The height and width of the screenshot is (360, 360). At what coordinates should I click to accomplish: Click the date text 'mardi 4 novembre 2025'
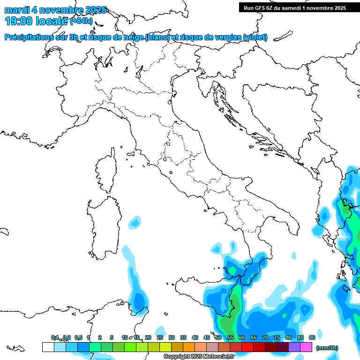coord(55,10)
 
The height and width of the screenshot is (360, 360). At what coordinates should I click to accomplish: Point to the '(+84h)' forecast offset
coord(81,21)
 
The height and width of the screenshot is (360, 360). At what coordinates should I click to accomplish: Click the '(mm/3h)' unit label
coord(326,348)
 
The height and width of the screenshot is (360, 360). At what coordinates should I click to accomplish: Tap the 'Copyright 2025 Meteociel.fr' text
coord(198,357)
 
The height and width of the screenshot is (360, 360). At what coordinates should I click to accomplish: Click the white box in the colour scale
coord(48,347)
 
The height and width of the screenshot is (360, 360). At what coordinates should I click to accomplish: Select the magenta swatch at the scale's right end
coord(306,347)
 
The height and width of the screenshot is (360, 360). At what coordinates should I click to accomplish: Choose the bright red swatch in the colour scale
coord(247,347)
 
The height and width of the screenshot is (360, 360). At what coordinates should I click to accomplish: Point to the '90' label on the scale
coord(312,337)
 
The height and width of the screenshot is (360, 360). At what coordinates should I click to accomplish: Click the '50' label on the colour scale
coord(218,337)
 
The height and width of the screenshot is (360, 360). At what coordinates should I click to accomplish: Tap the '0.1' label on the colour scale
coord(55,337)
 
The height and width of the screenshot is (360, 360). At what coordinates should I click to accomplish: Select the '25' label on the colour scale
coord(160,337)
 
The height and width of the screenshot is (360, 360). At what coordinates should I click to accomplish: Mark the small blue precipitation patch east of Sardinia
coord(135,222)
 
